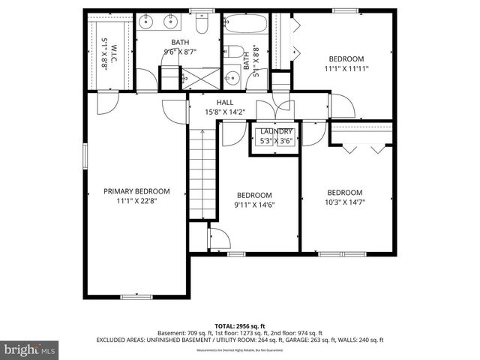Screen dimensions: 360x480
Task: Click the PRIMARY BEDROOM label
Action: tap(136, 191)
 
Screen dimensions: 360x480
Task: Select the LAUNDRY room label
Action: tap(277, 131)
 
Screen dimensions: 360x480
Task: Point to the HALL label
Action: tap(225, 103)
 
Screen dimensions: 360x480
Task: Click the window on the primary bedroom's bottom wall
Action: tap(136, 298)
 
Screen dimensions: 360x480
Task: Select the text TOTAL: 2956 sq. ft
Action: tap(240, 325)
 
